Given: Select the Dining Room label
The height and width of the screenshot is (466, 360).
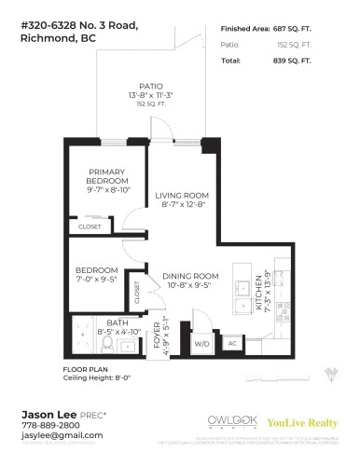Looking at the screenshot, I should (190, 276).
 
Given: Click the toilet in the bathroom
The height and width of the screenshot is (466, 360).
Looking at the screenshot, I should (105, 346).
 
